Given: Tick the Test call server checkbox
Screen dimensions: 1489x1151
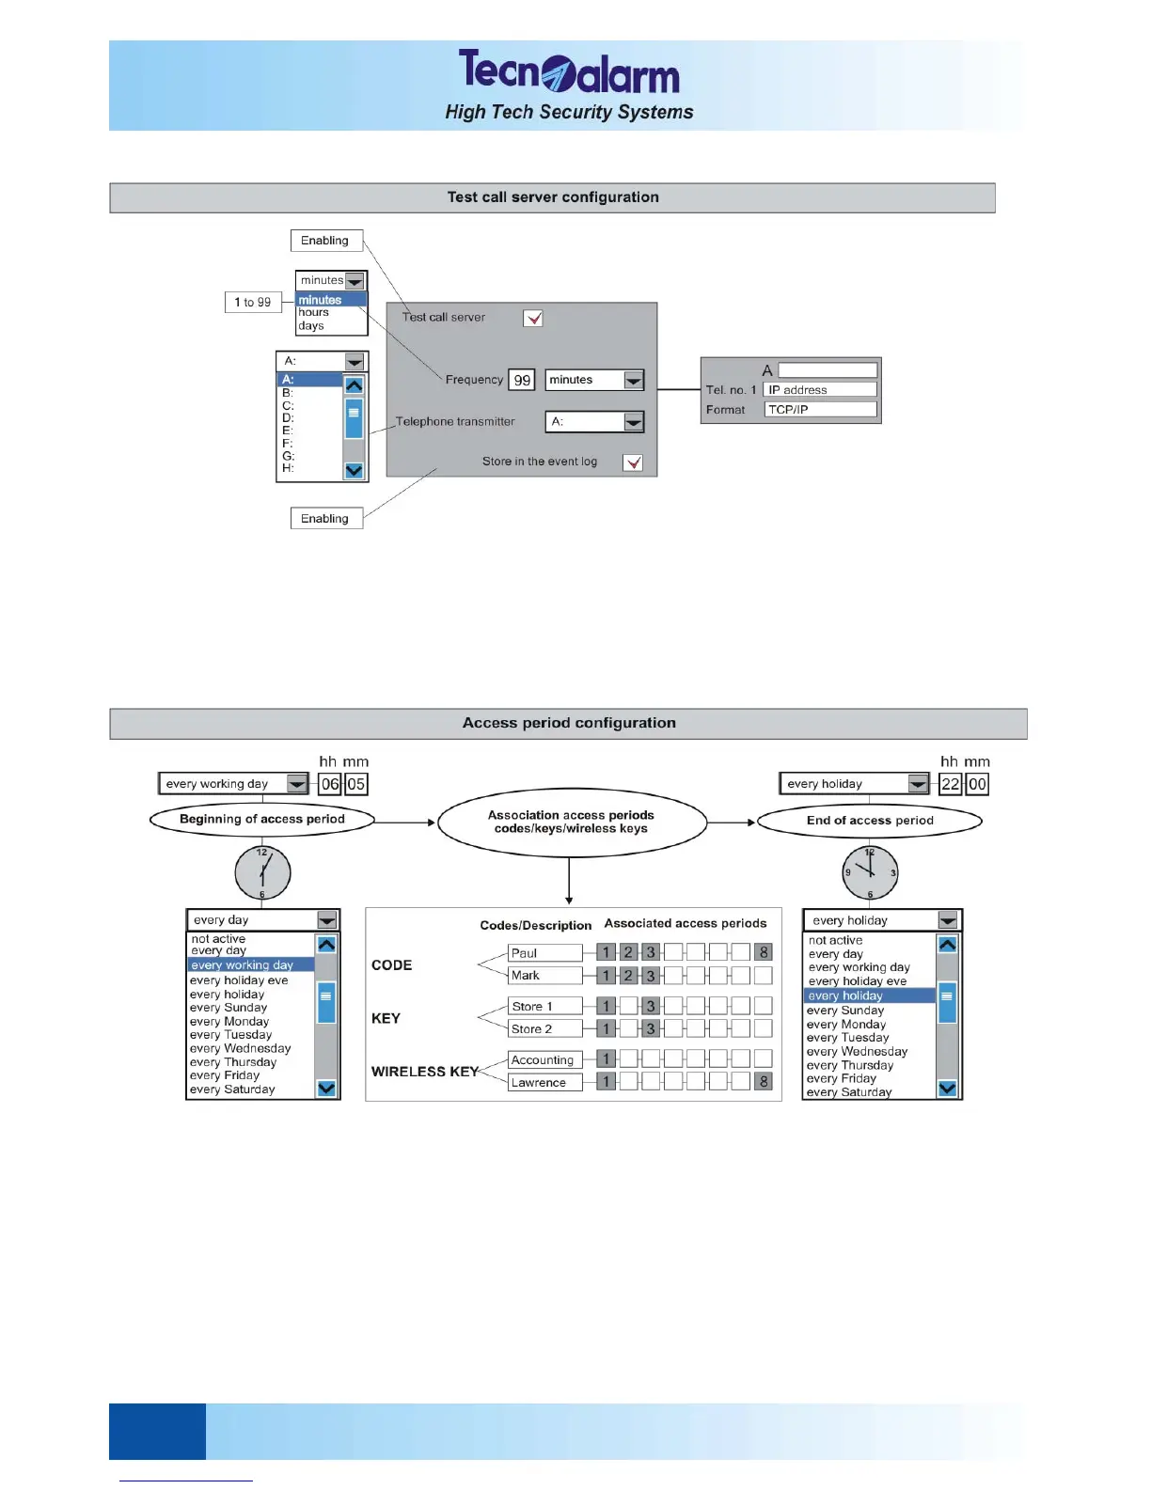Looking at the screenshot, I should (533, 318).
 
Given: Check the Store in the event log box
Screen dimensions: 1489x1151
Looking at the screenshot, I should (633, 462).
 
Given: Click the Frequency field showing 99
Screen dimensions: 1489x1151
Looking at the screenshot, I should (522, 380).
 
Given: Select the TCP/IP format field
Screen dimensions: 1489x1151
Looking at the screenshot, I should (820, 410).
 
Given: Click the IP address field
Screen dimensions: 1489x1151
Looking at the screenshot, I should (820, 390).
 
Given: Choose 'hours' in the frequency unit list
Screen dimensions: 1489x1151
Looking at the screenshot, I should (314, 313).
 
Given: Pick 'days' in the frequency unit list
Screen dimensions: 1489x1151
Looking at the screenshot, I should (311, 326).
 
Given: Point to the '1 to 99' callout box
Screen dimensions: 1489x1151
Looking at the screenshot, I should (253, 302).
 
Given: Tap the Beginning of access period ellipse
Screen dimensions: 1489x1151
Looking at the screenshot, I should (262, 820).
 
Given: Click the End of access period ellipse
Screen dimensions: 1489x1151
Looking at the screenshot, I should (870, 821).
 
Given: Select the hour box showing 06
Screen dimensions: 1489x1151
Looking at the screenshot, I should (330, 784).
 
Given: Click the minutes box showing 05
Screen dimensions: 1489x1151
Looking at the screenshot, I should (355, 784).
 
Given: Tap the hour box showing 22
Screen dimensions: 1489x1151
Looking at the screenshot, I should (951, 784).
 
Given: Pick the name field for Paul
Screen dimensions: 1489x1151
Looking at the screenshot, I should (544, 953).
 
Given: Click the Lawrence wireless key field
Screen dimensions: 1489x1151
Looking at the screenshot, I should (544, 1083).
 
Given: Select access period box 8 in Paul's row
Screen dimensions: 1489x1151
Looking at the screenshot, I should (764, 952).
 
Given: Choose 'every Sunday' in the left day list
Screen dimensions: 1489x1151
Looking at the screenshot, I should (229, 1008).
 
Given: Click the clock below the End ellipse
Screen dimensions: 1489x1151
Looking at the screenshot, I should (870, 872).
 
